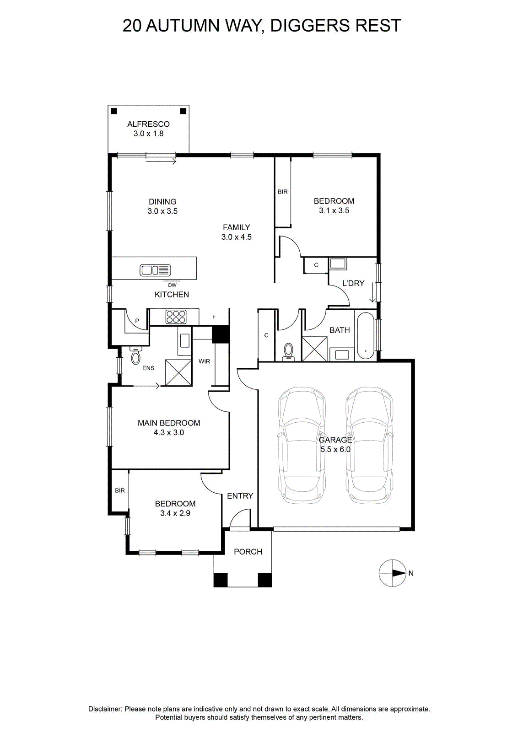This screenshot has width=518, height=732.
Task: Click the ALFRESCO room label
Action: [x=148, y=124]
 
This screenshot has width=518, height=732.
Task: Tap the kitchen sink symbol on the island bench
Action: [x=155, y=270]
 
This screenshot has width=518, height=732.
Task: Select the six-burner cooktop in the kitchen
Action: [x=176, y=317]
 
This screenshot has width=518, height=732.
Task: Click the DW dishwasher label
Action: [x=172, y=285]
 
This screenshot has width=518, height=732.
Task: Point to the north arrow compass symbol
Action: [x=392, y=573]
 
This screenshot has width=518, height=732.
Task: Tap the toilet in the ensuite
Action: [x=135, y=355]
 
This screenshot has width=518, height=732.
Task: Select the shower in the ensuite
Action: [x=178, y=372]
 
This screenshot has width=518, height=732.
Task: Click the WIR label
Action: [x=204, y=361]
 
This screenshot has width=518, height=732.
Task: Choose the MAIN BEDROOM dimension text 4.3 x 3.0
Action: [x=169, y=432]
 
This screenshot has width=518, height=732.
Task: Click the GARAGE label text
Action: [x=335, y=440]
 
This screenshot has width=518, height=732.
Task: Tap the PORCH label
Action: [x=248, y=552]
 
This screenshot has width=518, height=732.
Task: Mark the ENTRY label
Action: [x=240, y=496]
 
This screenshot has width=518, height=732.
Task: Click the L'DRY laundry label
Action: [x=353, y=283]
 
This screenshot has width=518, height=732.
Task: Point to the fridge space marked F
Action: [x=214, y=317]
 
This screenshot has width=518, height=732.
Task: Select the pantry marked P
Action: [x=137, y=321]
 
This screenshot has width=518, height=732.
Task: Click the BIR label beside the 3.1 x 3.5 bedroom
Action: [x=283, y=192]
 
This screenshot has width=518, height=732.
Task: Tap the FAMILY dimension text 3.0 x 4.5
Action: [x=237, y=237]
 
